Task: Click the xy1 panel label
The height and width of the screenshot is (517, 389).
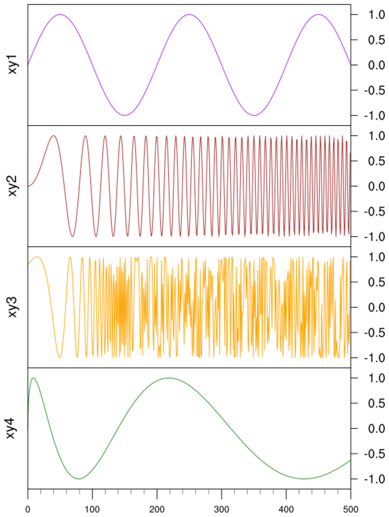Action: point(14,65)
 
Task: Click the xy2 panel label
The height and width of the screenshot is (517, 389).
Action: point(14,186)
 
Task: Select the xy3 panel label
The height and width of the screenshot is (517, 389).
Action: point(14,307)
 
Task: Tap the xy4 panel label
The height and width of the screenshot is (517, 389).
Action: point(14,428)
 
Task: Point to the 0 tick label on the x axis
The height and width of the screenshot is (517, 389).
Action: point(27,507)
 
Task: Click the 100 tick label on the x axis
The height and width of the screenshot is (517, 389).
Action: point(92,507)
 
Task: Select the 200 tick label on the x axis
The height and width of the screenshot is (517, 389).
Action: point(157,507)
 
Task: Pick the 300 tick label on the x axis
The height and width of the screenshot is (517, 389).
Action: point(221,507)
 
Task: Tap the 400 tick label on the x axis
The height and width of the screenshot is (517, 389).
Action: point(286,507)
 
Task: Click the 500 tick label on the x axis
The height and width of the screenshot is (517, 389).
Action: point(350,507)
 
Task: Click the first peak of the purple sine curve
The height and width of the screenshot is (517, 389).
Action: point(60,15)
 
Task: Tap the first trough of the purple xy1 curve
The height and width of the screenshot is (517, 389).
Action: point(125,115)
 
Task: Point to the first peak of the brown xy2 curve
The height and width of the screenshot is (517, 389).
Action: point(53,136)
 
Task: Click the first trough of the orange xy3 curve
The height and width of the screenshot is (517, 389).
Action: point(59,357)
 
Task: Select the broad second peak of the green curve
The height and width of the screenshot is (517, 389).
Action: point(168,378)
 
